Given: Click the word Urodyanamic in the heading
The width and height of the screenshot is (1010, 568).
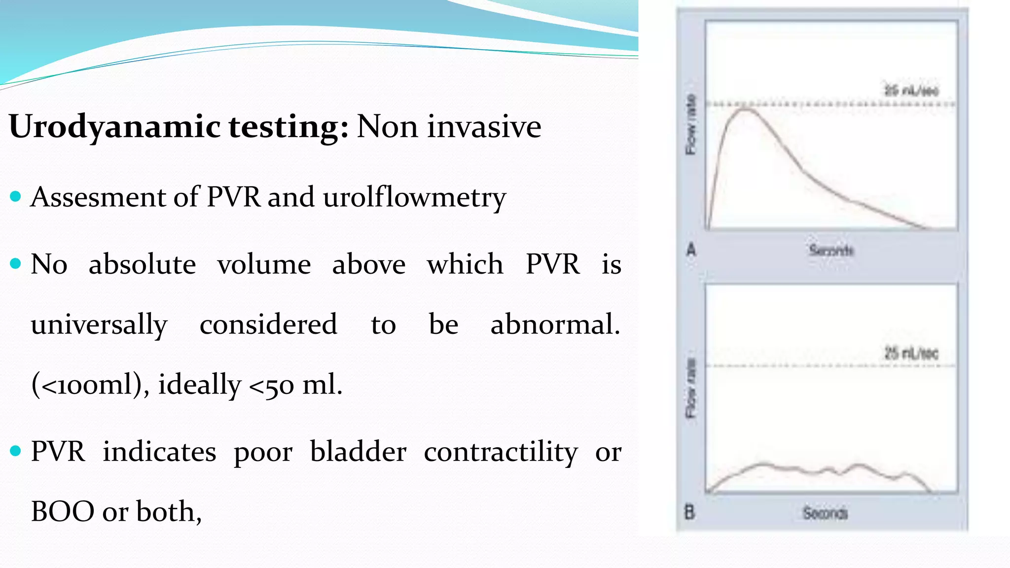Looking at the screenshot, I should [x=114, y=127].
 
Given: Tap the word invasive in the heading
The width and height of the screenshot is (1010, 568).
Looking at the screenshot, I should [x=484, y=126].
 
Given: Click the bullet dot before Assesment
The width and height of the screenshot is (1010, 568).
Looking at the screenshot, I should [x=15, y=197].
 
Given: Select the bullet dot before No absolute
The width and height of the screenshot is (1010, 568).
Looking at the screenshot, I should [x=15, y=264].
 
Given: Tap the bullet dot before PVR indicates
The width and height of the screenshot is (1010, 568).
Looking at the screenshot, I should [x=15, y=451].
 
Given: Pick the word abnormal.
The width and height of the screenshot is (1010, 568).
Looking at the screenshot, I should [x=555, y=324].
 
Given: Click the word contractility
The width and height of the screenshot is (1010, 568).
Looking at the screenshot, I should [x=501, y=452].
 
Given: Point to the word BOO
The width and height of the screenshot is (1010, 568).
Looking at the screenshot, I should [x=63, y=511].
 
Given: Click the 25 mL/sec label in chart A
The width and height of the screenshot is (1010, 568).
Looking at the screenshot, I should [x=911, y=91].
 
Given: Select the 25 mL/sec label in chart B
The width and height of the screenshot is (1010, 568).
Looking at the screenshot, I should [x=911, y=353].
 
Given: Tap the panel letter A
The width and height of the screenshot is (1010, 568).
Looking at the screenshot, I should [x=691, y=250].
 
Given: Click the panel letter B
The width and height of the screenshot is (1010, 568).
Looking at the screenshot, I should [x=690, y=513].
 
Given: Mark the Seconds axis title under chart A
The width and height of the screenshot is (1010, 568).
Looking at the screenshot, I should [x=831, y=250].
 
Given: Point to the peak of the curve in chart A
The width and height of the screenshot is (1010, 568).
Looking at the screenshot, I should [x=746, y=109].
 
